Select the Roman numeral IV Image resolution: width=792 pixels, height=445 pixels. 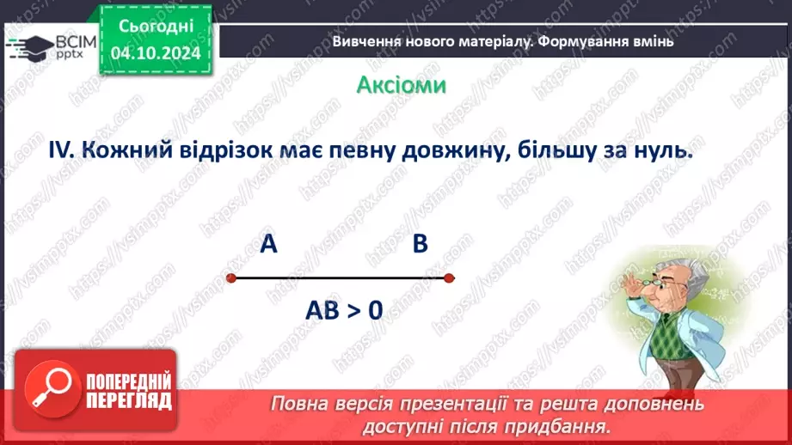click(x=63, y=150)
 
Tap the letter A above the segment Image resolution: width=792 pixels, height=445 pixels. click(x=268, y=245)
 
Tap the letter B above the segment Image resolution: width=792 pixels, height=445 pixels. click(x=420, y=245)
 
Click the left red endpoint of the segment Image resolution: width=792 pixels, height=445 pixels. click(x=230, y=277)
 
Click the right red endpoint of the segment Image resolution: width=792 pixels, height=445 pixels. click(x=450, y=277)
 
